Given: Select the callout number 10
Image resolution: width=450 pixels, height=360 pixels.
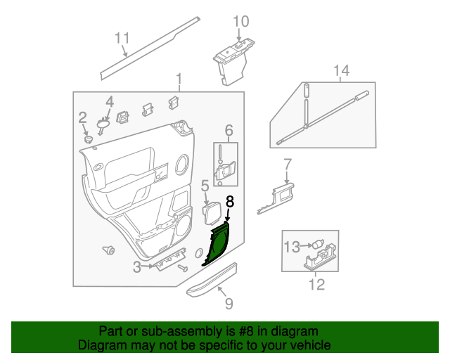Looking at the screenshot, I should coord(240,22).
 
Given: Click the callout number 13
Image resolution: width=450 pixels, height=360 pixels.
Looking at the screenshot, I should coord(291,246).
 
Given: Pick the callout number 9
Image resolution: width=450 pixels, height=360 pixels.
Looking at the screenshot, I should coord(228,303).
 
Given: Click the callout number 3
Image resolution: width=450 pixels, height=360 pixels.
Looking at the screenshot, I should coord(136,267).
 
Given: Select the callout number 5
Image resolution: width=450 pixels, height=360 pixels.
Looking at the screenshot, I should coord(205,186).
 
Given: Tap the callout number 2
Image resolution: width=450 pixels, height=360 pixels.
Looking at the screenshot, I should coord(83,117).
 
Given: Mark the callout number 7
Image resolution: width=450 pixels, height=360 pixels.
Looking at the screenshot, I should coord(287,165).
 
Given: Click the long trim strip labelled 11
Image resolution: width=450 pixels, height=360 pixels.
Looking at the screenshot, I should coord(148,48).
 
